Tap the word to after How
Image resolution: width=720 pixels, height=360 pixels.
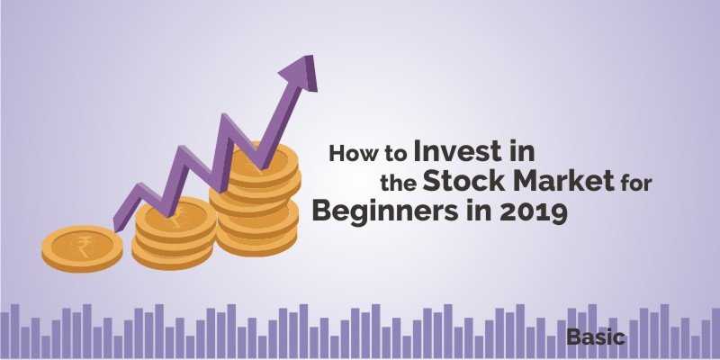[x=391, y=154]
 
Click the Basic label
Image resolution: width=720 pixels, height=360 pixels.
[x=596, y=339]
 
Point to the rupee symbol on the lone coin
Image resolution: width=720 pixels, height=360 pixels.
[x=82, y=242]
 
